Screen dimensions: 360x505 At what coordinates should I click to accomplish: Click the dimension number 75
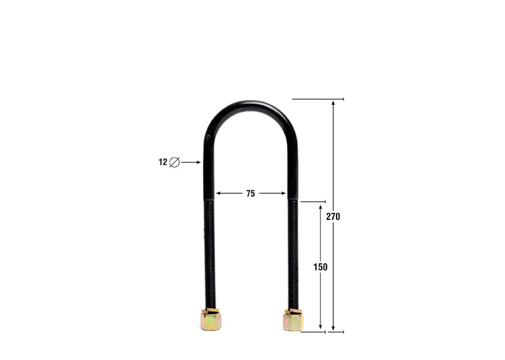(251, 194)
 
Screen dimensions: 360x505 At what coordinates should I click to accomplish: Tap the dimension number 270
(333, 217)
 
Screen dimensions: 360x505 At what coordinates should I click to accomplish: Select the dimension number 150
(320, 266)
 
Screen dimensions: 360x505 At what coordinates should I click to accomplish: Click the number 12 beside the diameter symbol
(163, 162)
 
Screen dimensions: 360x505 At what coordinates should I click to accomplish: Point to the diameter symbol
(175, 162)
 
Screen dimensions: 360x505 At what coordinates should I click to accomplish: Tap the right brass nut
(293, 320)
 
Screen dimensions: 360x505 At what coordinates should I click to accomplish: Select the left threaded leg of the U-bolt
(210, 251)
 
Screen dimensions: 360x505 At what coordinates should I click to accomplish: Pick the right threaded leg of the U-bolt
(293, 251)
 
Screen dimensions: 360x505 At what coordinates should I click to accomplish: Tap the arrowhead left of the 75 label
(218, 194)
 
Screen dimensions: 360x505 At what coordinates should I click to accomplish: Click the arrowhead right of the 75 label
(283, 194)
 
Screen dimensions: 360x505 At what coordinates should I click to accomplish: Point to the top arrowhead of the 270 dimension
(333, 102)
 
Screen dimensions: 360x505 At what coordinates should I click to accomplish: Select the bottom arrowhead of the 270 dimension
(333, 328)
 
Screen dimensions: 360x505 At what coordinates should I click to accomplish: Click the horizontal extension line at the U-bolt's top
(318, 99)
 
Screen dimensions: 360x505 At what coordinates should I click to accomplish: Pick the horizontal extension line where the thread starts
(312, 202)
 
